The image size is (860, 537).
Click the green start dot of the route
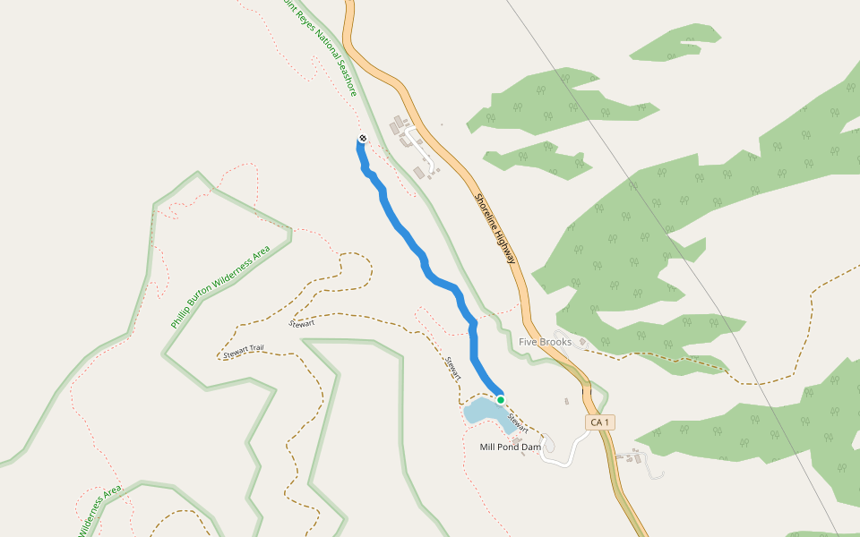click(501, 399)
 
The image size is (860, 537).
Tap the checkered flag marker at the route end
click(362, 138)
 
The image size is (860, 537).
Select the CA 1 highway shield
click(599, 422)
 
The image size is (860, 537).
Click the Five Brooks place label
click(545, 342)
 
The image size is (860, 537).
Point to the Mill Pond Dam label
click(511, 447)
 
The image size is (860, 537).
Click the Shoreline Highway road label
click(495, 228)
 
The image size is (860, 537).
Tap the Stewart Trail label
click(243, 353)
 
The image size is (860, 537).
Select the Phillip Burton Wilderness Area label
click(220, 287)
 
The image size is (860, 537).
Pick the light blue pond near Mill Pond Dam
click(484, 413)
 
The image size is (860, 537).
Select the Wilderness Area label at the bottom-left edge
click(99, 512)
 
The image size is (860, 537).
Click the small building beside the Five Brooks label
click(580, 342)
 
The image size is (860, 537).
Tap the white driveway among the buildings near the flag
click(421, 149)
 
